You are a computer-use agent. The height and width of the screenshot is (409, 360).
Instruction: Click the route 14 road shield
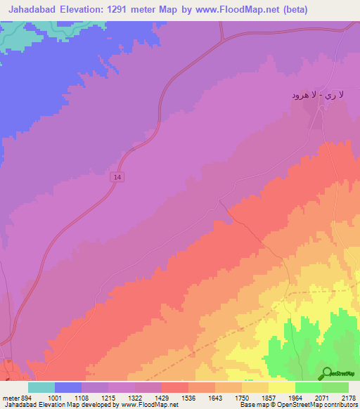[x=118, y=178]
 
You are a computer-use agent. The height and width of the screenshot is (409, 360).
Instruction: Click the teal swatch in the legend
[x=41, y=387]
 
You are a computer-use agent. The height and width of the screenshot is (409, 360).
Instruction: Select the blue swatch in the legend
[x=67, y=387]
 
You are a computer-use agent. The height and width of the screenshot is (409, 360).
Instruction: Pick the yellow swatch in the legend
[x=281, y=387]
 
